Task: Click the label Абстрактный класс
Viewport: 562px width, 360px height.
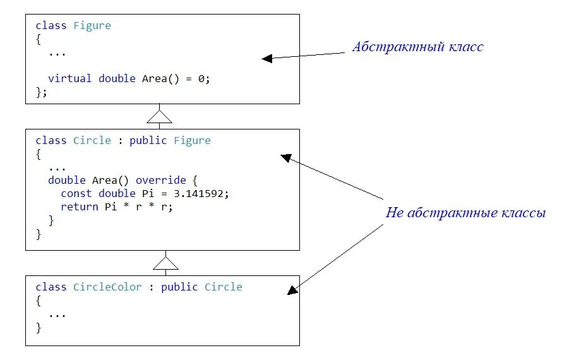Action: pos(417,47)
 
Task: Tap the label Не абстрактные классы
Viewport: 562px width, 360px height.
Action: pos(465,213)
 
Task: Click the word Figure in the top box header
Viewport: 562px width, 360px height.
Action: pos(92,26)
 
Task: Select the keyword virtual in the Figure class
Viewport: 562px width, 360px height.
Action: pos(70,78)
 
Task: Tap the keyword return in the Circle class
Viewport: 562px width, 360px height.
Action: pos(80,207)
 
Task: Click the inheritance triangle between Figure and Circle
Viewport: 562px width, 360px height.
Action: pos(159,116)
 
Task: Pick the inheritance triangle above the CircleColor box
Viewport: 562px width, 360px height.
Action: pos(165,262)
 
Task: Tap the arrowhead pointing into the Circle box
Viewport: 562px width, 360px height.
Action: pos(285,157)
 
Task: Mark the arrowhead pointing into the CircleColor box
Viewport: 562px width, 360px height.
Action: pos(292,291)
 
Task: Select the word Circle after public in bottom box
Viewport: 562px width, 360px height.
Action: pos(223,287)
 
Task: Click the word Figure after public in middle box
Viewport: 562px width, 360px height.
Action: pos(192,140)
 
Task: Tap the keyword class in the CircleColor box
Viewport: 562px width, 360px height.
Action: pos(51,287)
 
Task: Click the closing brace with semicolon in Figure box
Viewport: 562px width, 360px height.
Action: pos(42,92)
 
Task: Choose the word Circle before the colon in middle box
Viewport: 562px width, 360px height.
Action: pos(92,140)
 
